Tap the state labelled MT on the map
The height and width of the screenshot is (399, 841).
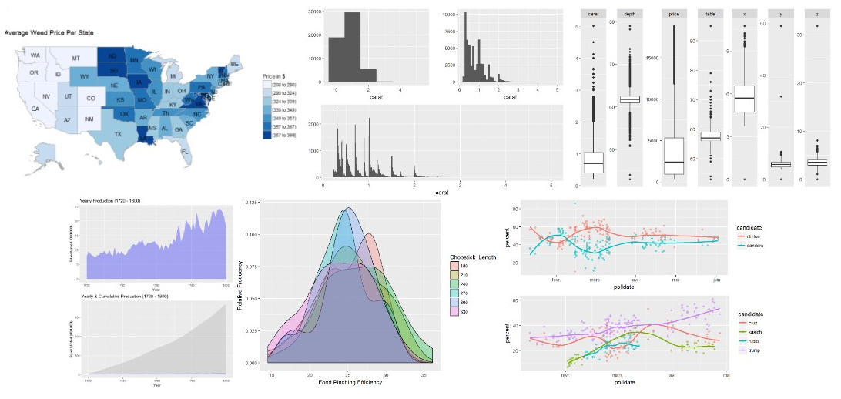tap(75, 59)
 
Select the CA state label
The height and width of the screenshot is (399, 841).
tap(35, 109)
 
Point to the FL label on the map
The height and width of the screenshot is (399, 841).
tap(185, 152)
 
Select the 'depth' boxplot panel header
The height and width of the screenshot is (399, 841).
tap(630, 14)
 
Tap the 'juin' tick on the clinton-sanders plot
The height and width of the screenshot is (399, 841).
tap(716, 280)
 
